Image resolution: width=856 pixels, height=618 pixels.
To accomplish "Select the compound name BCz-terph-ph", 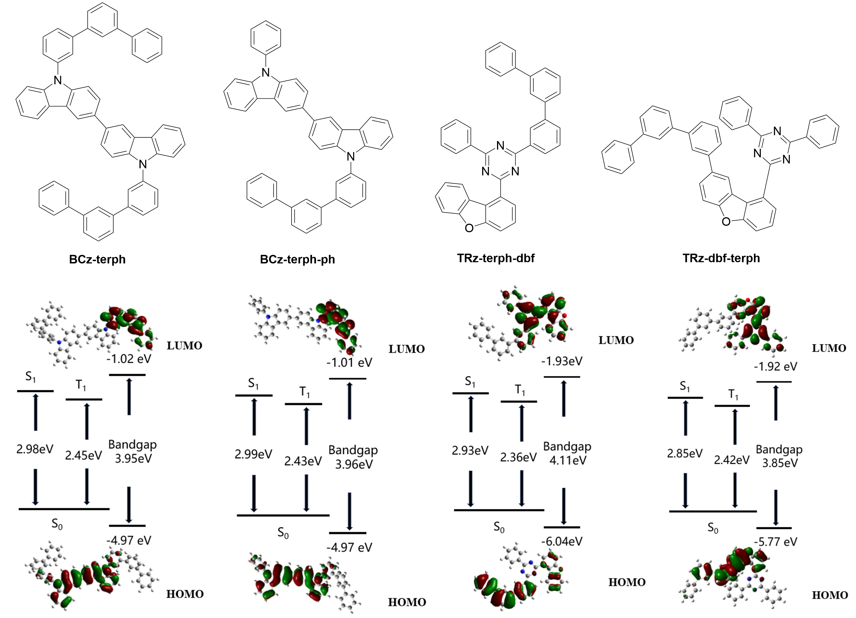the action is tap(298, 260).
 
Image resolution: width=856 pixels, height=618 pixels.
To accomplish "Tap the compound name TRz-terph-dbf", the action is tap(496, 258).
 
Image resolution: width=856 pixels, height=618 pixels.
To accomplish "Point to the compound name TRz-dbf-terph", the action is tap(721, 258).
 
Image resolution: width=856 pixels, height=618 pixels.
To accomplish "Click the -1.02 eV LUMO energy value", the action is tap(129, 358).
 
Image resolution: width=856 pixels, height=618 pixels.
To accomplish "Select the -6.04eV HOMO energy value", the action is tap(562, 541).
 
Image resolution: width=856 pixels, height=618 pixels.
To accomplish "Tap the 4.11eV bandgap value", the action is tap(568, 460).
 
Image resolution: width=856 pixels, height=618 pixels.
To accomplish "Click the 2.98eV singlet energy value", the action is tap(35, 449).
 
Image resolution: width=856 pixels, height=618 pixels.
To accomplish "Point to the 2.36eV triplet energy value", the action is tap(518, 457).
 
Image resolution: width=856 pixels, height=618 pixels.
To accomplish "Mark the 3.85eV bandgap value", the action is tap(780, 463).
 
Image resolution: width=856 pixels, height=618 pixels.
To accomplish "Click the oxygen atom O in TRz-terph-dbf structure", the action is tap(469, 228).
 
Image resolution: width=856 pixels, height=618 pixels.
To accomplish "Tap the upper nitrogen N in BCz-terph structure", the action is tap(57, 80).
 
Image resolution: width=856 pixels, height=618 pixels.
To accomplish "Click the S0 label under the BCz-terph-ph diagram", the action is tap(283, 533).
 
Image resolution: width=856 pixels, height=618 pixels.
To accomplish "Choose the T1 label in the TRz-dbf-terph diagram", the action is tap(733, 395).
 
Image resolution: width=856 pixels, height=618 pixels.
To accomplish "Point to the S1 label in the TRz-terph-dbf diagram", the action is tap(470, 382).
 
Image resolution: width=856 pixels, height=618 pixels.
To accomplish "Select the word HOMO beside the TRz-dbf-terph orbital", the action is tap(830, 595).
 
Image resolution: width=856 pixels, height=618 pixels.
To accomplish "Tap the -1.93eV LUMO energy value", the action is tap(562, 361).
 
